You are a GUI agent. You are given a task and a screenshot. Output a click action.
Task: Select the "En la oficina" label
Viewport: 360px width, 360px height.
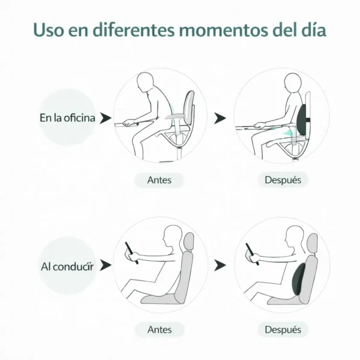point(67,118)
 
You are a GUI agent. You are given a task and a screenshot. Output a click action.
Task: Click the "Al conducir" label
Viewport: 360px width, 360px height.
point(67,265)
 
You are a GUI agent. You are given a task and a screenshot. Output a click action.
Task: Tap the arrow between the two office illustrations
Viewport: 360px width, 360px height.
point(220,118)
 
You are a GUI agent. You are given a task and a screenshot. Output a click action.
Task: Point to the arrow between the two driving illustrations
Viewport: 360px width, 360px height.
point(220,265)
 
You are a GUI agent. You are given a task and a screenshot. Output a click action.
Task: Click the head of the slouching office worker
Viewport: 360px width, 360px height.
point(146,82)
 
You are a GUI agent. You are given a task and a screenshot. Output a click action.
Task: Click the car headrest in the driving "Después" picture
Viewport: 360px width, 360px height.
point(311,241)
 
